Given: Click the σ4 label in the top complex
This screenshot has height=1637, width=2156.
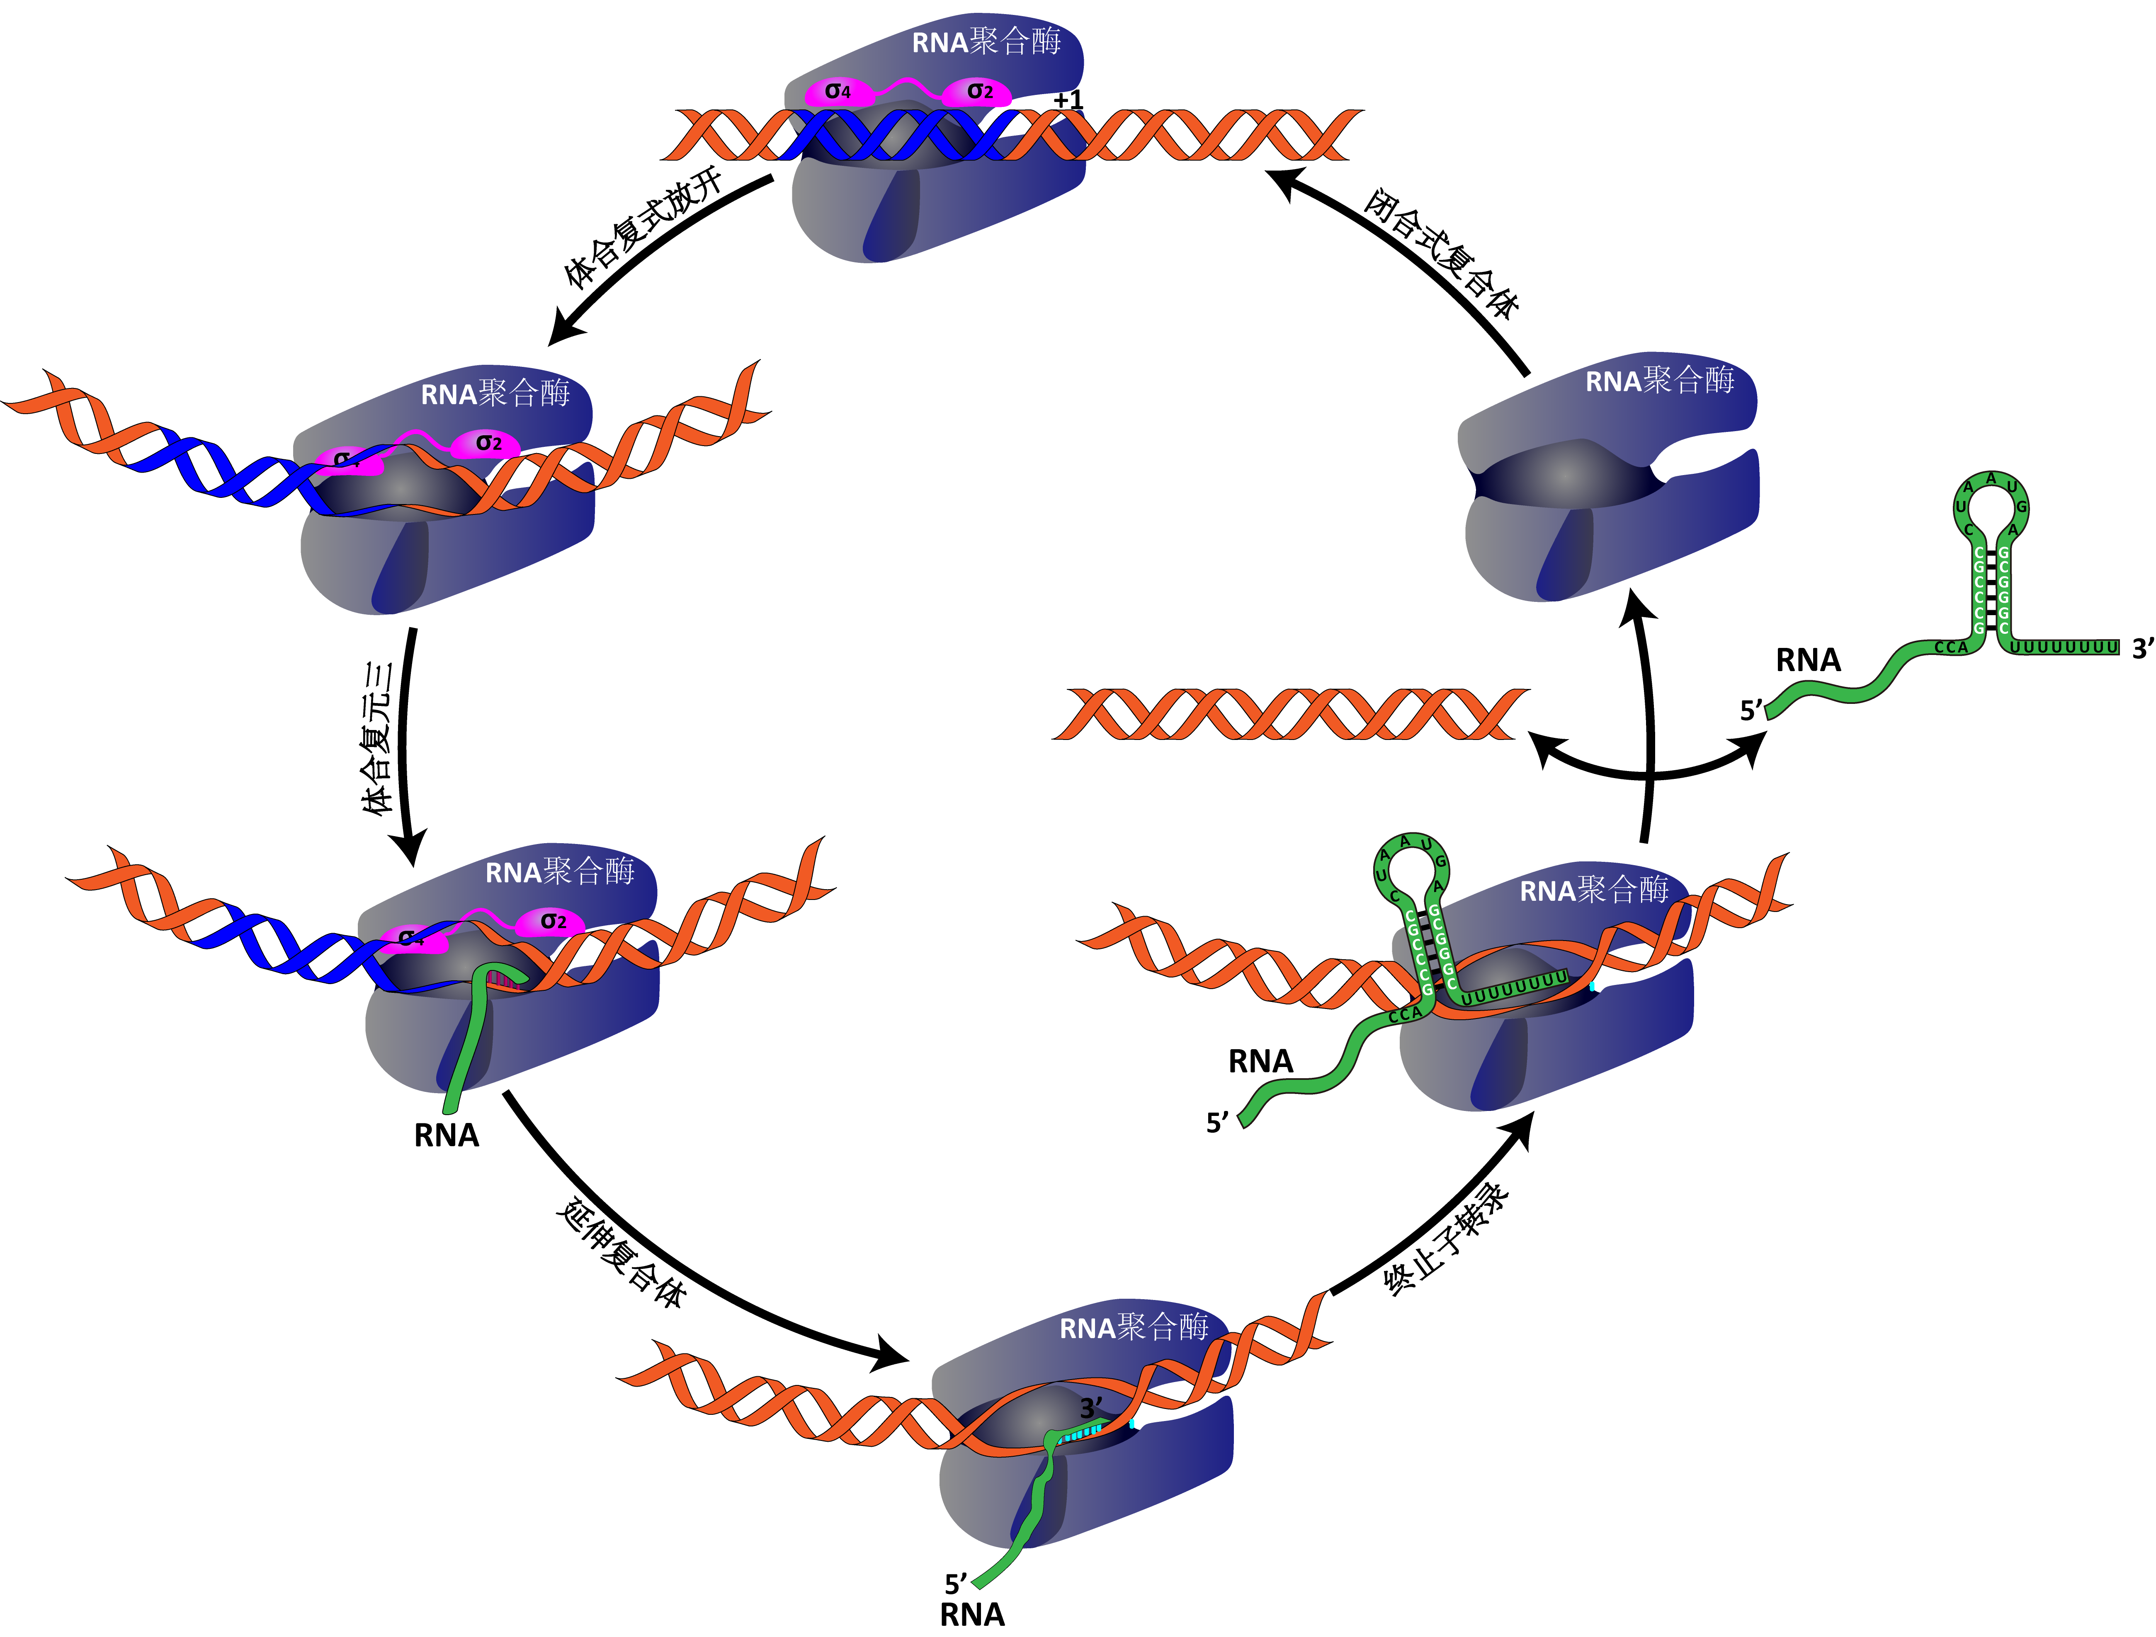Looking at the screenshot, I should [837, 92].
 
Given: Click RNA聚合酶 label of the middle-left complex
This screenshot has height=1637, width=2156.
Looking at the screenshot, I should [495, 394].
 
